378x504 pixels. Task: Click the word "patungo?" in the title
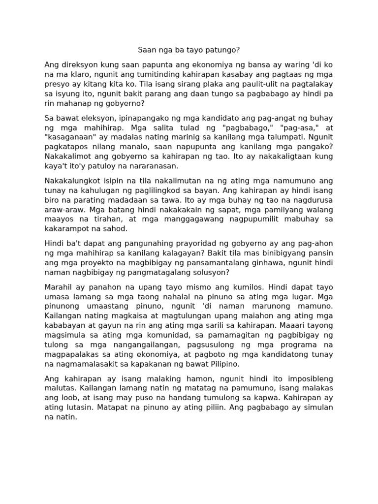click(223, 50)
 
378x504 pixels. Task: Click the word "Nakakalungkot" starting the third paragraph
click(72, 181)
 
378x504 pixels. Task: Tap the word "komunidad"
click(148, 334)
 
